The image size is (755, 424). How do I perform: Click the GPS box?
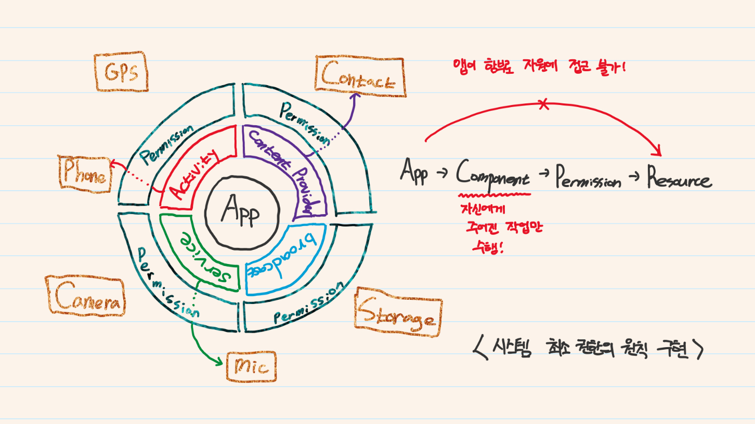coord(121,72)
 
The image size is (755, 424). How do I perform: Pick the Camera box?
coord(85,296)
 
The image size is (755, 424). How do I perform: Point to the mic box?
coord(251,366)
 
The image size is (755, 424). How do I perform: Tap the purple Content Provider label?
coord(285,169)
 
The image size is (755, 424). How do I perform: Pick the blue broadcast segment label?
coord(281,256)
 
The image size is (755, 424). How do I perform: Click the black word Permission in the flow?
coord(588,178)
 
